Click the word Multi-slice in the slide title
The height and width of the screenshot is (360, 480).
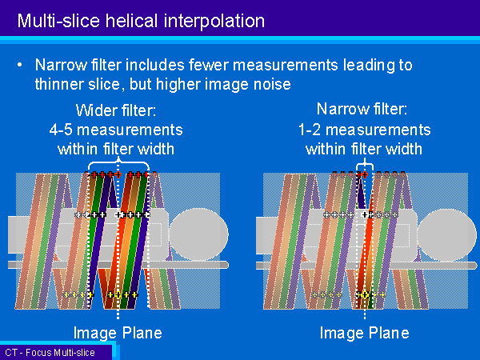coord(58,21)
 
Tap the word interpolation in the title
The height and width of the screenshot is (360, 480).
coord(214,22)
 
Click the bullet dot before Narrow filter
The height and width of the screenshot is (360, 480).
coord(20,65)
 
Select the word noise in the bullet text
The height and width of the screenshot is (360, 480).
coord(272,84)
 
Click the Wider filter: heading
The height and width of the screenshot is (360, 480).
coord(116,110)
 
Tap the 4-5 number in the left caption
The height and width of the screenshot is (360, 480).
coord(61,130)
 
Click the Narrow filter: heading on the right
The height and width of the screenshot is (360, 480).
coord(362,109)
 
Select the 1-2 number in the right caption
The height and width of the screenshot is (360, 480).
coord(310,130)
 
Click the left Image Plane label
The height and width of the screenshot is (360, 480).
coord(118,333)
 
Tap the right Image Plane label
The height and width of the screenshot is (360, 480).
coord(364,333)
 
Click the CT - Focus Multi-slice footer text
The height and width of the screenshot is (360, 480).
coord(50,353)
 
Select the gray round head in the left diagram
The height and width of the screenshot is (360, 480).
coord(199,234)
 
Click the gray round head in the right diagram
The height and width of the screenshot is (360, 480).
coord(447,235)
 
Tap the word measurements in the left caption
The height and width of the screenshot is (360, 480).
coord(130,130)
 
